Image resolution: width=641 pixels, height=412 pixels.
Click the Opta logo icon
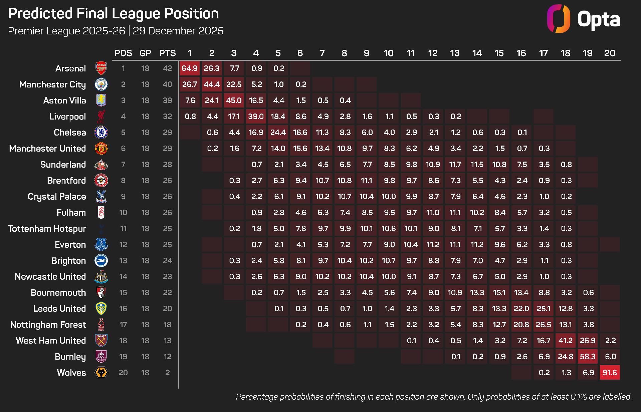click(x=558, y=19)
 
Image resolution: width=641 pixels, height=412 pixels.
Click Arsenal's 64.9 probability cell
click(x=190, y=68)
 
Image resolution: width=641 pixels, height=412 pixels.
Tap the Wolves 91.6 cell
click(x=610, y=373)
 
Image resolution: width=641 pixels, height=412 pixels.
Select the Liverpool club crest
click(x=101, y=117)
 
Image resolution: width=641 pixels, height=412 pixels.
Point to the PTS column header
click(x=168, y=53)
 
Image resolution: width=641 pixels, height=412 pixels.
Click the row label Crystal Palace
click(x=57, y=196)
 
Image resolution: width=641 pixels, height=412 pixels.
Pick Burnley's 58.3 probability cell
click(x=588, y=357)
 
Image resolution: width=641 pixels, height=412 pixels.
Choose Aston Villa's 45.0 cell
click(x=234, y=100)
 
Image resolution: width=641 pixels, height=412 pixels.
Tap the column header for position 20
click(x=610, y=53)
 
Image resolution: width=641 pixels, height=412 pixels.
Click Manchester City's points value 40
click(x=168, y=84)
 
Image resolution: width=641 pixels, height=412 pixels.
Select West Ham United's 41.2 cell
click(x=566, y=341)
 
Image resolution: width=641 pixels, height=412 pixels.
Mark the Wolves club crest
click(x=101, y=373)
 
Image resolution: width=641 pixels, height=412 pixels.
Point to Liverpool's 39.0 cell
click(x=256, y=117)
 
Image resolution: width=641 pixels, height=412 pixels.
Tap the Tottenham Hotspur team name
click(x=47, y=229)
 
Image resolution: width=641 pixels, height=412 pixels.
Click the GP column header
click(x=145, y=53)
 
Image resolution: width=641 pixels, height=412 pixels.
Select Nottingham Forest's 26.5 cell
click(x=544, y=325)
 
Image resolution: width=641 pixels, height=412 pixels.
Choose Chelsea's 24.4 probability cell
click(x=278, y=133)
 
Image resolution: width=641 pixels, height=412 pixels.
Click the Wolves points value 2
click(x=168, y=373)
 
